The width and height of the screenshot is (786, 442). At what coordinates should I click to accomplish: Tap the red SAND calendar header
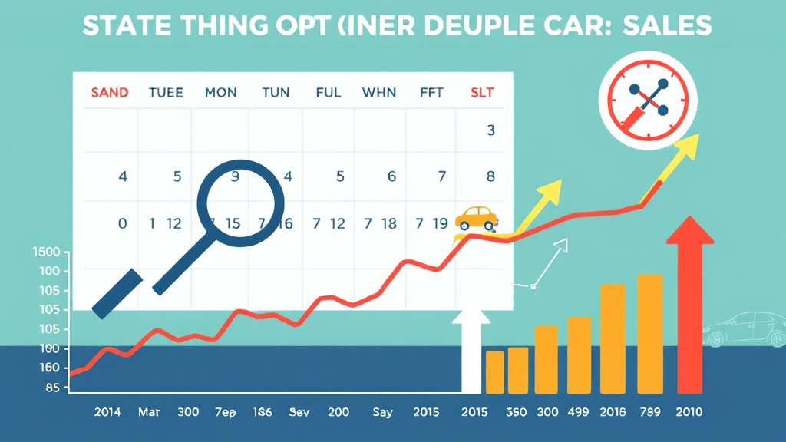pyautogui.click(x=109, y=93)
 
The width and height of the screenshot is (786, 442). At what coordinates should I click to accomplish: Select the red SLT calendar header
pyautogui.click(x=481, y=93)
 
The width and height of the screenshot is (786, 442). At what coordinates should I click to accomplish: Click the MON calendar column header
pyautogui.click(x=220, y=93)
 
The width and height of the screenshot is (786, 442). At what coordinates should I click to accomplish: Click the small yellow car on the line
pyautogui.click(x=476, y=217)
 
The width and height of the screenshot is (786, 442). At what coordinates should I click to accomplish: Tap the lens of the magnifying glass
pyautogui.click(x=240, y=203)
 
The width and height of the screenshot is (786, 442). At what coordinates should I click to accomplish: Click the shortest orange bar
pyautogui.click(x=495, y=372)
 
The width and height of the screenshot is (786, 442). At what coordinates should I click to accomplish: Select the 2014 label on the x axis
pyautogui.click(x=108, y=412)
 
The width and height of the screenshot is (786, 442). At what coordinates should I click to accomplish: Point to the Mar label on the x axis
pyautogui.click(x=149, y=412)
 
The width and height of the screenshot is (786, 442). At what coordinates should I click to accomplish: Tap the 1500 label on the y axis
pyautogui.click(x=46, y=252)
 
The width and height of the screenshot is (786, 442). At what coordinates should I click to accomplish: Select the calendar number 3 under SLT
pyautogui.click(x=490, y=130)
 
